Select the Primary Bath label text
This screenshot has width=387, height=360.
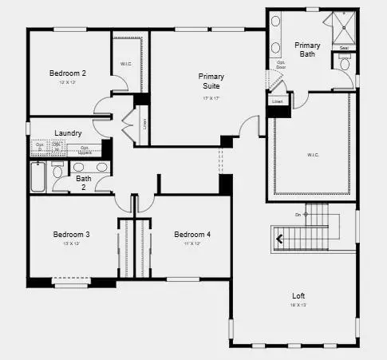[x=307, y=50]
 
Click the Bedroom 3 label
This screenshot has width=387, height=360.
[x=71, y=235]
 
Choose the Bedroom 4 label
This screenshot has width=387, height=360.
[x=192, y=235]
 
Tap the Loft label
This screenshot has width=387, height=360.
[x=298, y=296]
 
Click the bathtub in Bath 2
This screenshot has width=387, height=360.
[x=39, y=176]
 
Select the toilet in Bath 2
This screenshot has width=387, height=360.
[x=57, y=172]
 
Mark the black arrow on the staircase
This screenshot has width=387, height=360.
[x=280, y=237]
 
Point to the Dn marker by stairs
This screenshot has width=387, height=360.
[x=298, y=215]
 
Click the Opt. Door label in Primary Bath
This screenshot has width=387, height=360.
[x=281, y=65]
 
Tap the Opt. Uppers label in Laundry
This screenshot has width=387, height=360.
[x=85, y=149]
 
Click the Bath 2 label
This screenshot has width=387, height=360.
[x=84, y=184]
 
